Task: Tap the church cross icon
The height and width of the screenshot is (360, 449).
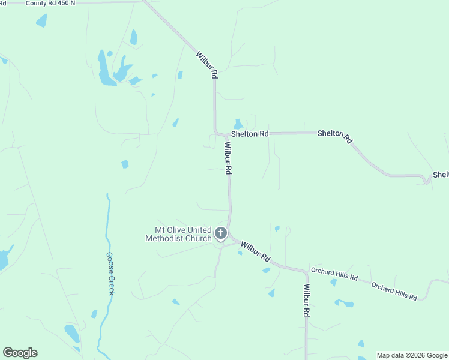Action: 221,233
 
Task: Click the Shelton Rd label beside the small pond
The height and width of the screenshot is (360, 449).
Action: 250,134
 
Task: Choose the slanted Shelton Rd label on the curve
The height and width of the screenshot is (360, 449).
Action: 334,136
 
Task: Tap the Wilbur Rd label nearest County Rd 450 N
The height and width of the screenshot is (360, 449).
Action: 206,65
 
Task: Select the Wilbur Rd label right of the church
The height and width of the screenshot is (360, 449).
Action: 255,250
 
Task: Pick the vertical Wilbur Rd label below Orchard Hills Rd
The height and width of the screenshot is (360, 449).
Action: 306,301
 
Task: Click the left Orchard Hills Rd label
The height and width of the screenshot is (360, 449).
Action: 334,274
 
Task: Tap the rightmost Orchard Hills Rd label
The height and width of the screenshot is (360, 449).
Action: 394,291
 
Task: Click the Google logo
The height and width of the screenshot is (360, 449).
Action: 20,353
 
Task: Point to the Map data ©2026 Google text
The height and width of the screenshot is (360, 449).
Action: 412,355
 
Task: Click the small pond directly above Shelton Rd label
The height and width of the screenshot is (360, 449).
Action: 238,124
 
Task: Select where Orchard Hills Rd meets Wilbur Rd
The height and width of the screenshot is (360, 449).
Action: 306,272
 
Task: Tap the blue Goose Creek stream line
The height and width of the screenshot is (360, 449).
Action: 107,228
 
